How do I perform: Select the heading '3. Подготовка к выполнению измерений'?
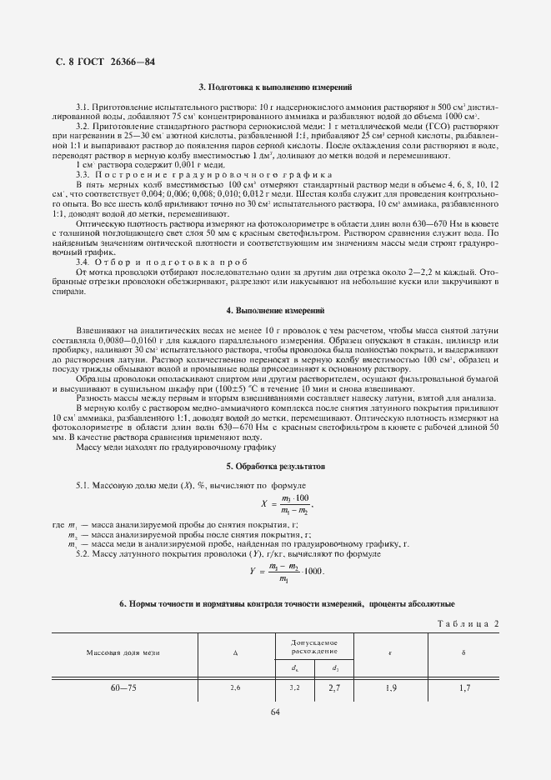tap(275, 87)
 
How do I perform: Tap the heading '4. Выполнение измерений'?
tap(275, 310)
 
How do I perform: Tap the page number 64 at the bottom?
tap(275, 711)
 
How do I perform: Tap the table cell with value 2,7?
tap(334, 689)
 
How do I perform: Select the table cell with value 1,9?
tap(391, 689)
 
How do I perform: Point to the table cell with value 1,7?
tap(464, 689)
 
